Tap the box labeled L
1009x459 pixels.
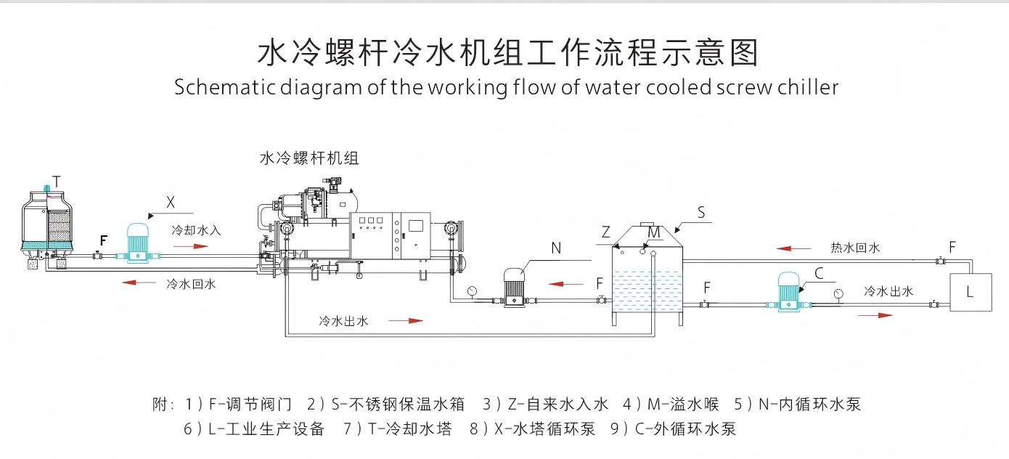[x=971, y=292]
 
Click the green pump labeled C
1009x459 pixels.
[x=788, y=293]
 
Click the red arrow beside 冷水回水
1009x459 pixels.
[x=138, y=283]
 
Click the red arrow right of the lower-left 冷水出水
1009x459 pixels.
[x=406, y=320]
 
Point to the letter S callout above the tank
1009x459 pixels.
[x=700, y=213]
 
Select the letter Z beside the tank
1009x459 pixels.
[x=605, y=232]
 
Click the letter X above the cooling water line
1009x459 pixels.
[x=171, y=202]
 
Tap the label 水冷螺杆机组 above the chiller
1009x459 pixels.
[x=309, y=158]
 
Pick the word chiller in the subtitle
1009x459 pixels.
[x=807, y=87]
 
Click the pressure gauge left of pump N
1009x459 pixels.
[x=473, y=291]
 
